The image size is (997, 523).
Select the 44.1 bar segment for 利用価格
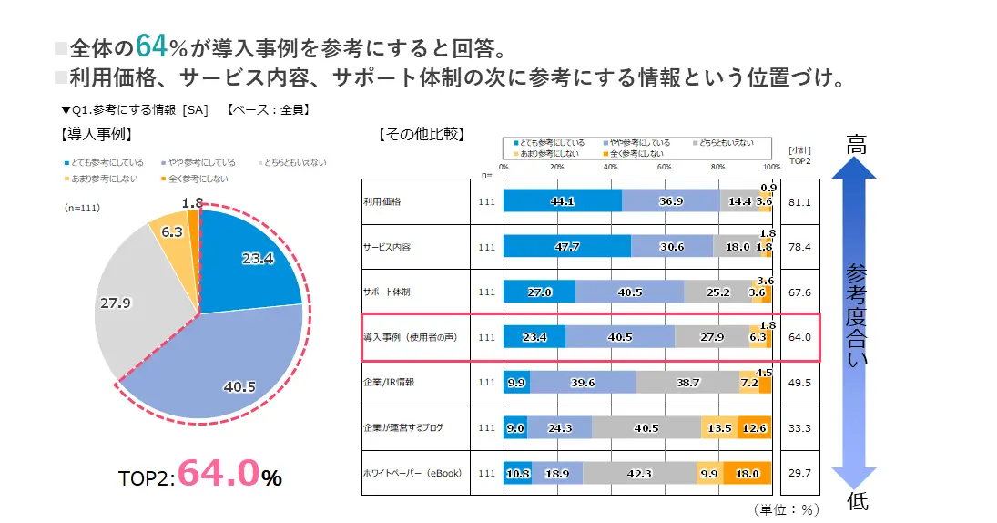click(x=562, y=200)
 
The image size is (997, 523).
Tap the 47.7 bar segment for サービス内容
click(x=566, y=246)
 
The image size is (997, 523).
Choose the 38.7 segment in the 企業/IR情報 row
click(x=687, y=383)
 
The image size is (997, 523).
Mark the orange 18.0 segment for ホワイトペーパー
click(x=747, y=473)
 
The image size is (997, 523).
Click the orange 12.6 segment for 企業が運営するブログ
click(x=754, y=427)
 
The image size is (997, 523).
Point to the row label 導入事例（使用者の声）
click(x=410, y=337)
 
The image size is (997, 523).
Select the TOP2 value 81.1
click(x=799, y=201)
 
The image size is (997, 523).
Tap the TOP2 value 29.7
click(x=799, y=473)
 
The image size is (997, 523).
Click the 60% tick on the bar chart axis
click(x=664, y=167)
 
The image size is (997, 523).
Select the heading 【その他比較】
click(x=420, y=134)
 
